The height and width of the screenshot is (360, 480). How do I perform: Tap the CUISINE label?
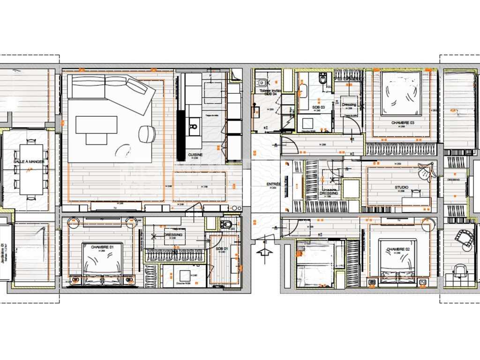195,154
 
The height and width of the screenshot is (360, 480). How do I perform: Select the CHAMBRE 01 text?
102,247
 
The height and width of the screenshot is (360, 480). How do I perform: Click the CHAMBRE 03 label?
403,123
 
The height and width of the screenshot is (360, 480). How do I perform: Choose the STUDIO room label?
401,187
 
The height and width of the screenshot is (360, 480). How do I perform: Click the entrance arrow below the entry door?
265,255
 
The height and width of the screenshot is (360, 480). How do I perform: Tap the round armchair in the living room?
147,134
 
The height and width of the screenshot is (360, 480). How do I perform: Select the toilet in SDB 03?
322,79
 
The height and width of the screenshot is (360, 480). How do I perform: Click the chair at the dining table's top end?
31,140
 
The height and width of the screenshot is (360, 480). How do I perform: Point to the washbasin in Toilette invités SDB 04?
255,111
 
